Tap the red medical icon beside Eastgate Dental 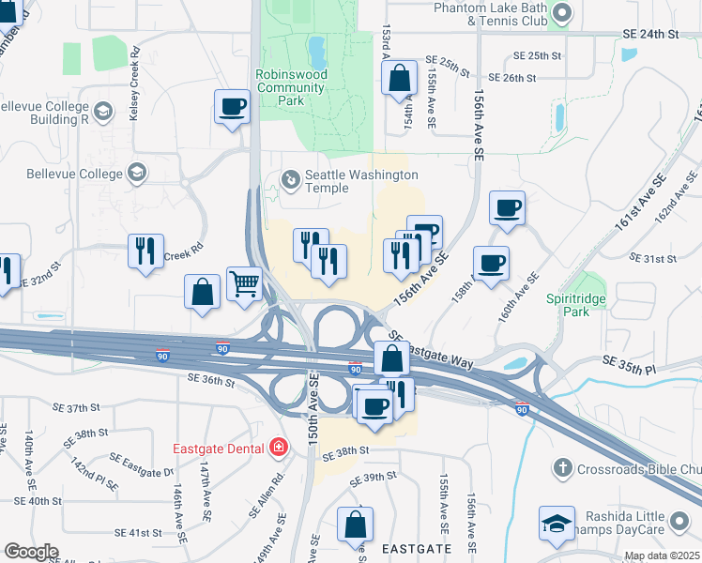(278, 447)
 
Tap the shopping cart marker (244, 281)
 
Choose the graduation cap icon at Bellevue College (137, 173)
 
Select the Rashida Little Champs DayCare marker (557, 524)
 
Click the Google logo (32, 551)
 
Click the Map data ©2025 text (662, 555)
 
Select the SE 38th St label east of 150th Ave (346, 450)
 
